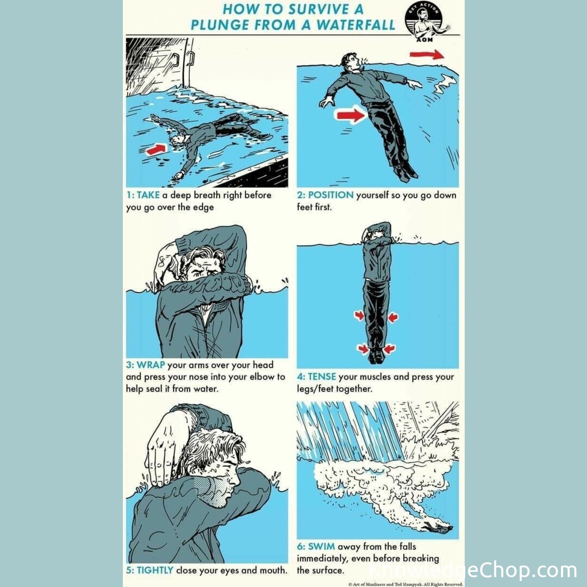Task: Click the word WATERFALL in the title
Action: pos(355,24)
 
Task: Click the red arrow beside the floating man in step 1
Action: pos(156,149)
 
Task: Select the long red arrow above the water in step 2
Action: pos(427,55)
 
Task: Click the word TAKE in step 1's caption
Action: pos(148,195)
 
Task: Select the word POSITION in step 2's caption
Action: pos(330,195)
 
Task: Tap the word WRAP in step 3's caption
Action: pos(151,365)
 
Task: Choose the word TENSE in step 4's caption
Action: pos(322,377)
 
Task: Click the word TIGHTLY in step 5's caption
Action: pos(154,570)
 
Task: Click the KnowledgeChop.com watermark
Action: pos(473,570)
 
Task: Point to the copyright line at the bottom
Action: pos(405,584)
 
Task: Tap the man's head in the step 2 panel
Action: pos(351,61)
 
